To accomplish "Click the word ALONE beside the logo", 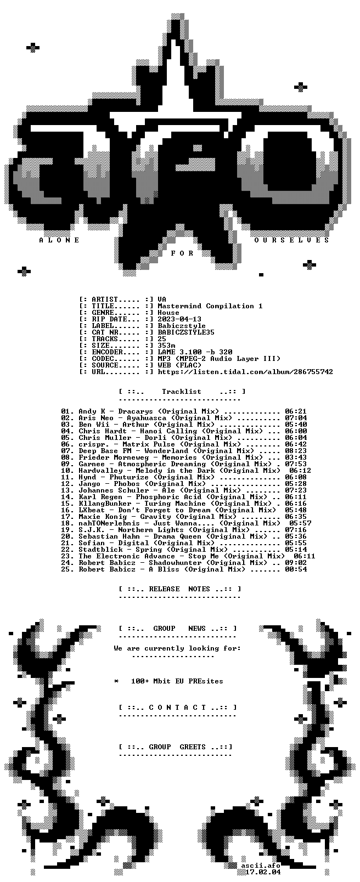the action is tap(59, 240).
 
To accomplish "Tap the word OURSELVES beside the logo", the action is tap(291, 240).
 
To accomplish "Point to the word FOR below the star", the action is tap(182, 253).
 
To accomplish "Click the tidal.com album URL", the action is tap(245, 372).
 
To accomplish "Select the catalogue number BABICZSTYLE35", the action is tap(186, 332).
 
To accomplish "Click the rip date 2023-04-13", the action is tap(179, 319).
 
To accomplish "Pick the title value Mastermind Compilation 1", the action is tap(210, 306).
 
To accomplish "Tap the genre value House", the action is tap(168, 313).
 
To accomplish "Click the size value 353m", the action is tap(166, 346).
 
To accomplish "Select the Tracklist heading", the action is tap(182, 392).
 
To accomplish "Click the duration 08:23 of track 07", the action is tap(296, 451).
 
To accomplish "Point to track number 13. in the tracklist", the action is tap(67, 490).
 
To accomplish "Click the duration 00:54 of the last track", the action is tap(296, 569).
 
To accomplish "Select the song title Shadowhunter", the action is tap(171, 563).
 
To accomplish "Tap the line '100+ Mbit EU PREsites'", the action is tap(177, 681).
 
